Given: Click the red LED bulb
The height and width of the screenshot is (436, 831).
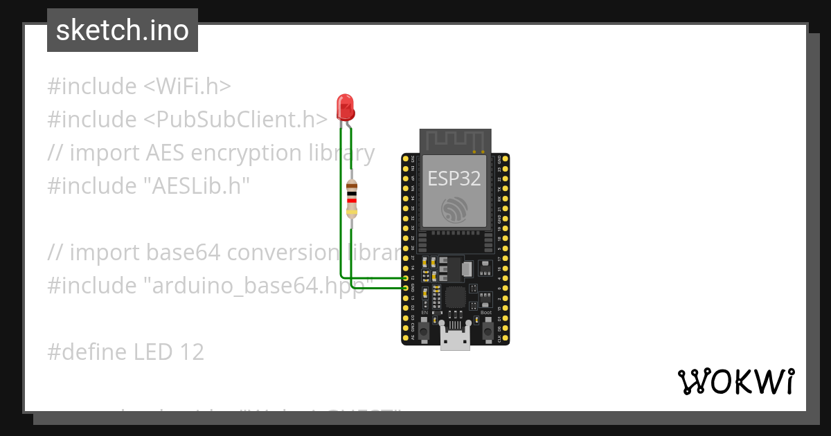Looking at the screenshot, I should click(x=345, y=107).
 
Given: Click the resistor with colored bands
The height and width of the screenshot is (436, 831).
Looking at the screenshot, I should click(x=352, y=199).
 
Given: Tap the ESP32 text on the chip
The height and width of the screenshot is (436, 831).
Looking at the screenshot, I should click(x=454, y=179).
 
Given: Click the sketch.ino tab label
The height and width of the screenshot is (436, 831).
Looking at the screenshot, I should click(x=123, y=30).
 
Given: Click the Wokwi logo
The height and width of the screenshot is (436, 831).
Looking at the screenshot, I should click(x=735, y=381).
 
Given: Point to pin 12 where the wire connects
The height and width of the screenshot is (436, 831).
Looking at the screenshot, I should click(x=406, y=278).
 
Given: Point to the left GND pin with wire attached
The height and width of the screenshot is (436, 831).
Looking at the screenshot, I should click(x=406, y=287).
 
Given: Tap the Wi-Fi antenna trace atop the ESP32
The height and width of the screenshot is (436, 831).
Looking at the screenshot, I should click(x=454, y=140).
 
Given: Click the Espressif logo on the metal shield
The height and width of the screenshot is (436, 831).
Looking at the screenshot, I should click(x=454, y=208).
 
